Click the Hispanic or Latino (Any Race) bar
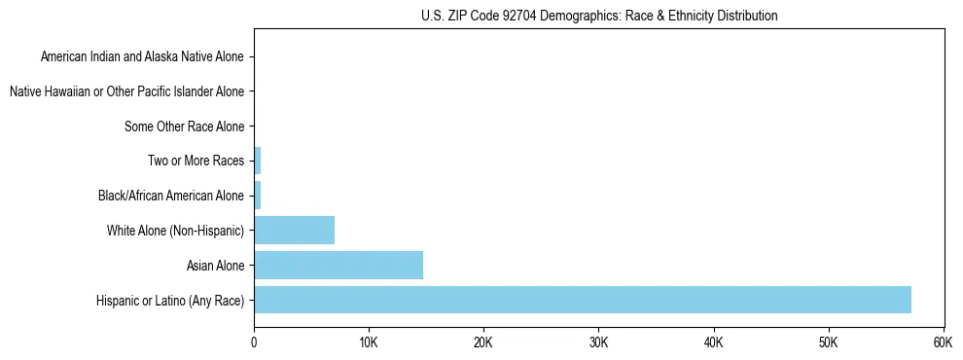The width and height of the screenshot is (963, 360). pos(582,300)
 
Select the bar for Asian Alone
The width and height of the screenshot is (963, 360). pos(338,265)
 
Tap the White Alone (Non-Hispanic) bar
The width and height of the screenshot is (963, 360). pos(294,231)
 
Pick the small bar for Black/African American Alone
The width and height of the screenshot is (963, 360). pos(258,196)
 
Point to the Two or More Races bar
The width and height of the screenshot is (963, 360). pos(258,161)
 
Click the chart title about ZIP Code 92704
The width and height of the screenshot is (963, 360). pos(598,16)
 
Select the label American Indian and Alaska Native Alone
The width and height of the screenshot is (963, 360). pos(142,56)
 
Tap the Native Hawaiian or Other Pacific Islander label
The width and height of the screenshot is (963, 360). pos(126,91)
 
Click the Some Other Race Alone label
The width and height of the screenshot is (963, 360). pos(184,126)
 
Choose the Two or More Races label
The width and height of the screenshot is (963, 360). pos(196,161)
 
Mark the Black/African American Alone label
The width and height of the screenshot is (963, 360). pos(171,196)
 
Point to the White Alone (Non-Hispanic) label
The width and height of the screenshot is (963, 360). pos(175,231)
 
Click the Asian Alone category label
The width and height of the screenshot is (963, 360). pos(215,265)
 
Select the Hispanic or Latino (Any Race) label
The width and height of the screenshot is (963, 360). pos(170,300)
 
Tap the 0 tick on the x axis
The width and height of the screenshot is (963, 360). pos(254,342)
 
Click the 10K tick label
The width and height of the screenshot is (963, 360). pos(369,342)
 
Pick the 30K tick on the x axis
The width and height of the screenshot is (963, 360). pos(598,342)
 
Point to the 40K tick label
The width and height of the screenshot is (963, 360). pos(713,342)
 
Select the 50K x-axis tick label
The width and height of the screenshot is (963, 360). pos(828,342)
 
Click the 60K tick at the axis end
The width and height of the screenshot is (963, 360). pos(943,342)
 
